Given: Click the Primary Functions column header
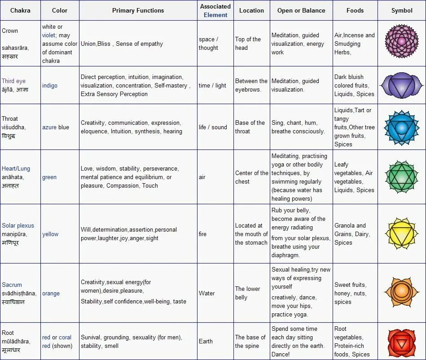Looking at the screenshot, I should (x=138, y=10).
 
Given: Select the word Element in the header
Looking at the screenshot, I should (x=215, y=15).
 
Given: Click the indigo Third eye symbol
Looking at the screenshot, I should (x=401, y=85).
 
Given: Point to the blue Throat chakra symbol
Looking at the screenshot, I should (x=401, y=127).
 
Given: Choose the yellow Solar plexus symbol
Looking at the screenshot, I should (x=401, y=234).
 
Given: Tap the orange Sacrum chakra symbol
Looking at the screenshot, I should (x=401, y=293).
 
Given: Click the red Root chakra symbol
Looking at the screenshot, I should (x=401, y=341).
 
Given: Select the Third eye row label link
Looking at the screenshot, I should (x=13, y=81).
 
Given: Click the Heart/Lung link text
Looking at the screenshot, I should (x=16, y=169).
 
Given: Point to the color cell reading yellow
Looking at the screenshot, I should (x=50, y=234).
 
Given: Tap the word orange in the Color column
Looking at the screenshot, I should (x=51, y=293).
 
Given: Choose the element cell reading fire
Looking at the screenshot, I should (x=202, y=234).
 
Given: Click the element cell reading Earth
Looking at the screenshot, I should (x=206, y=341).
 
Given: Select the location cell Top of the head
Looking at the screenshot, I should (x=248, y=44).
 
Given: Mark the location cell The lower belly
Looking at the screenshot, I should (x=247, y=293).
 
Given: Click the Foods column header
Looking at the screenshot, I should (x=355, y=10).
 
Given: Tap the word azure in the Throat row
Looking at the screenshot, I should (x=49, y=127).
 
